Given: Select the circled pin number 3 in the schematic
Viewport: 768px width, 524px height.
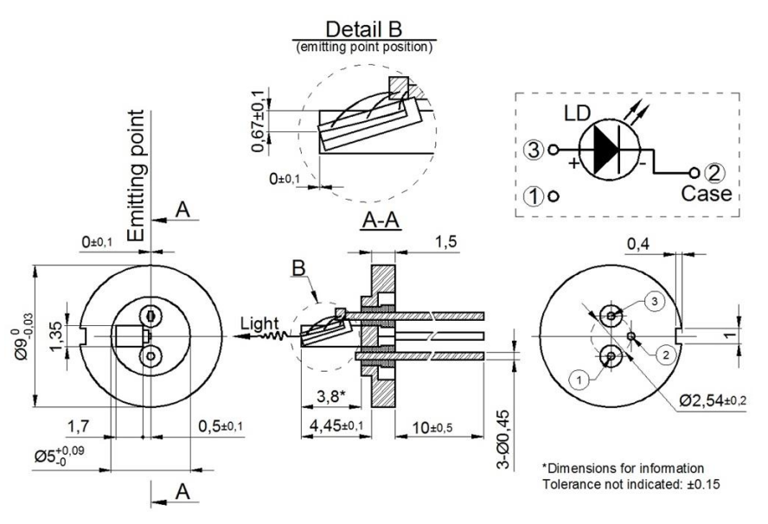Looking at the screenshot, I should pyautogui.click(x=535, y=149).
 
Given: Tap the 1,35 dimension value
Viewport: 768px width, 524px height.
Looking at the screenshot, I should pyautogui.click(x=56, y=335).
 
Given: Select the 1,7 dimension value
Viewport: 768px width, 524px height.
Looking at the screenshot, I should pyautogui.click(x=77, y=425).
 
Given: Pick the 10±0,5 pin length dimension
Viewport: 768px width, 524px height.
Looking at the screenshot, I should pyautogui.click(x=433, y=425).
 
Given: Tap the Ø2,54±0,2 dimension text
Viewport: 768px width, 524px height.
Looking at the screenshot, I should pyautogui.click(x=714, y=399).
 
